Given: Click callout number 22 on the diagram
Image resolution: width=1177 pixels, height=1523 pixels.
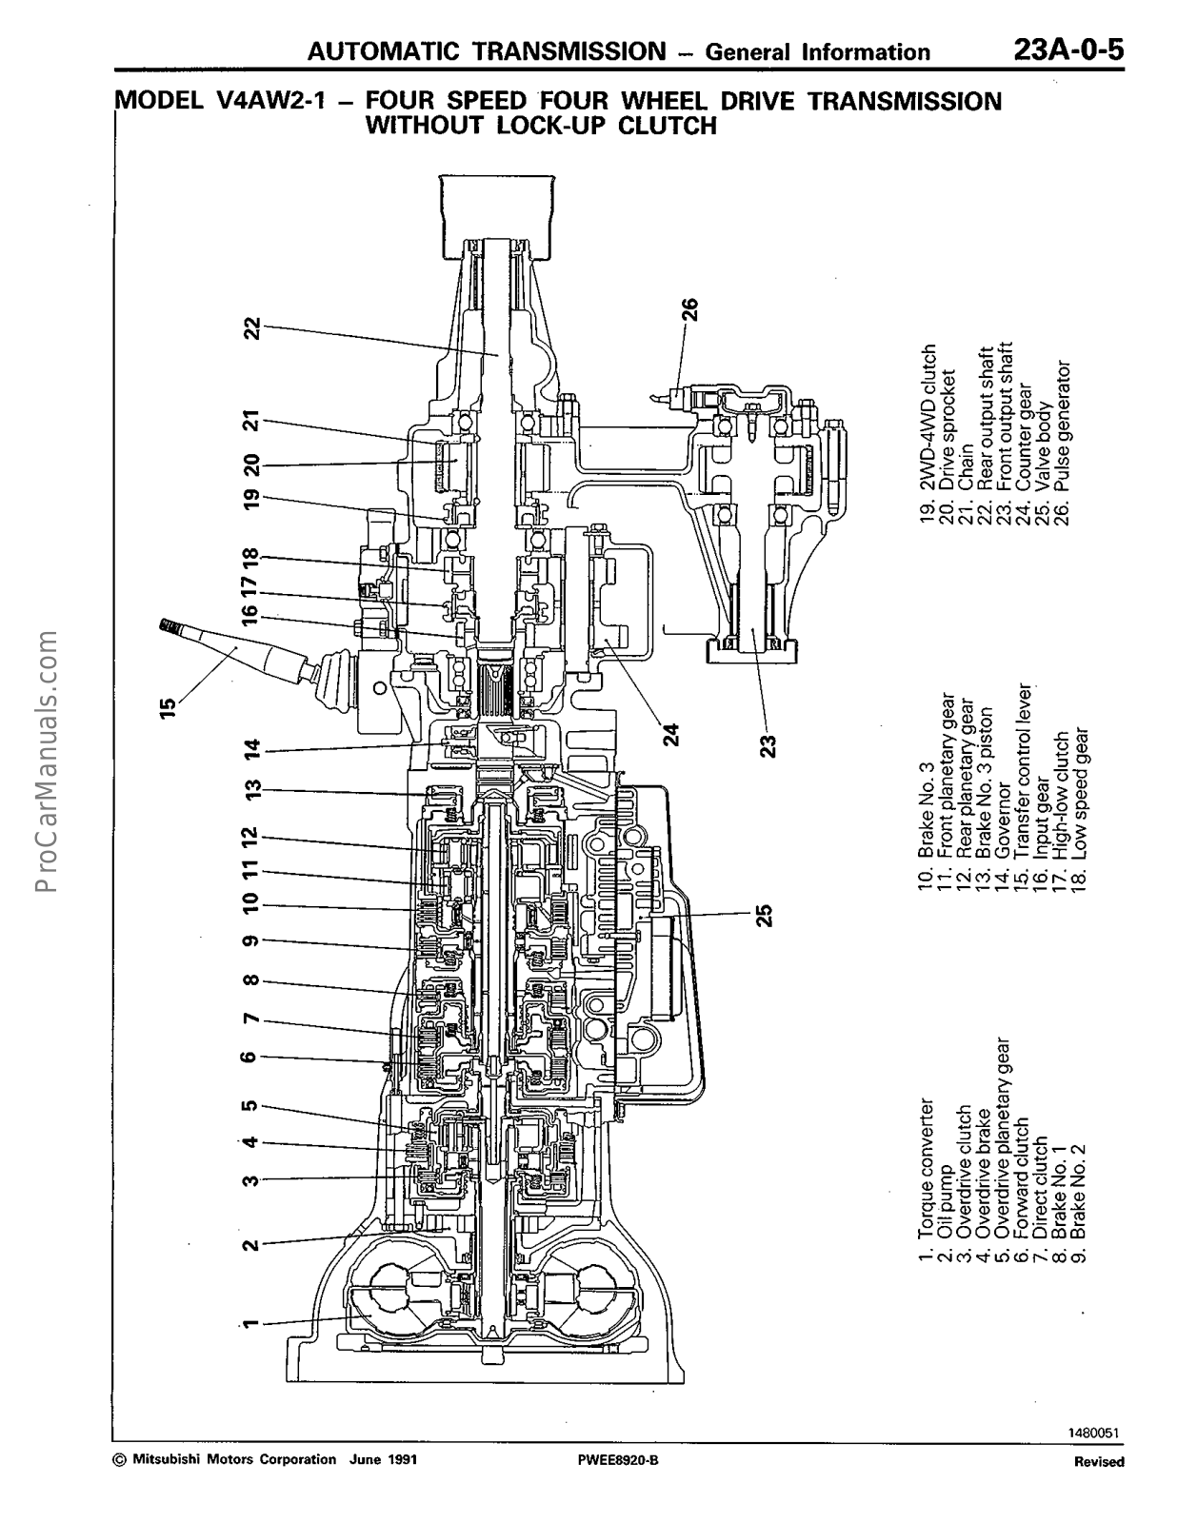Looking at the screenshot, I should point(251,327).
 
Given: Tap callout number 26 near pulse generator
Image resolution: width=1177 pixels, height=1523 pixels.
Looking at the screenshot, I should point(689,309).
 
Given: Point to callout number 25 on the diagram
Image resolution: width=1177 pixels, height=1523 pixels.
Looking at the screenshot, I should point(764,915).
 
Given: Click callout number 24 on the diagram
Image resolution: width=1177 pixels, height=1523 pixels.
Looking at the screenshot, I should point(671,734).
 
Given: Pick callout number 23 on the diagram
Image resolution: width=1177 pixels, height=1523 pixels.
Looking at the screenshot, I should point(768,743).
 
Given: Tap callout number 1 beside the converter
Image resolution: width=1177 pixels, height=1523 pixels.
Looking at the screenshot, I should point(249,1324).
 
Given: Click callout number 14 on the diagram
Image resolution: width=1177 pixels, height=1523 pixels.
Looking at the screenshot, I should point(251,751).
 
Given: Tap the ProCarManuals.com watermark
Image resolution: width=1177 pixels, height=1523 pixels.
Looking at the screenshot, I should point(45,762).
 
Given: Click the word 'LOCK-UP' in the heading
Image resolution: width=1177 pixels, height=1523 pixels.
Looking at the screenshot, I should point(553,126).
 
